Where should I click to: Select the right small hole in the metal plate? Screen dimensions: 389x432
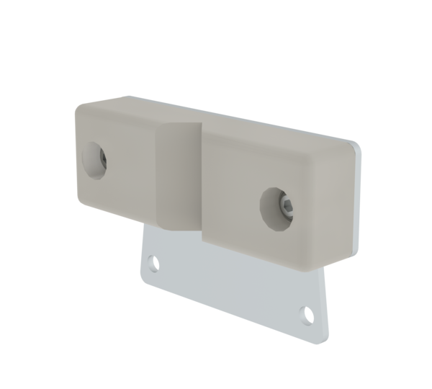click(308, 314)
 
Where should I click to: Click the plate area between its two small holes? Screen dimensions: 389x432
click(230, 288)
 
